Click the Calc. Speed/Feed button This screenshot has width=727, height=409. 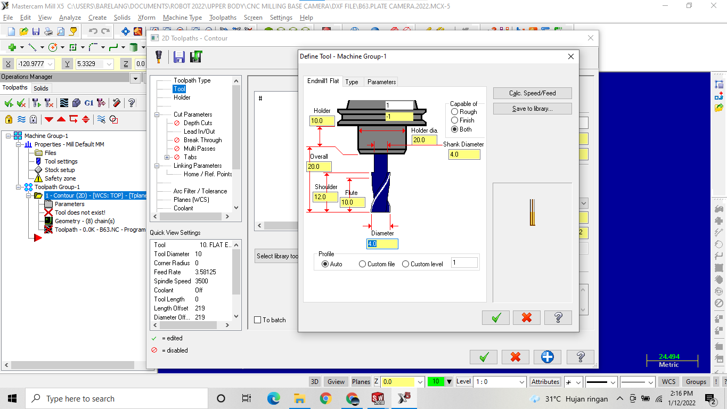[532, 93]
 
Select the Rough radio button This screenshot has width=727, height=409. [454, 112]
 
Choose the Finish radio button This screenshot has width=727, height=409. [454, 120]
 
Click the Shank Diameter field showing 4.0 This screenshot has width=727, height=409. [464, 154]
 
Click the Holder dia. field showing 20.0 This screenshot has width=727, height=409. [425, 140]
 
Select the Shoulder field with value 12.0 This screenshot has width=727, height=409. [325, 197]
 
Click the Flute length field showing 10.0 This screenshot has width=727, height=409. [353, 202]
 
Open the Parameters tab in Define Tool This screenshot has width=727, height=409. [381, 82]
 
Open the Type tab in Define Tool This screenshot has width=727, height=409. [352, 82]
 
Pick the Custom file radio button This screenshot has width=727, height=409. [363, 264]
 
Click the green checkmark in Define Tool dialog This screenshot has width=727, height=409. [496, 318]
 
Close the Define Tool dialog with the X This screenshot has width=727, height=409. [571, 56]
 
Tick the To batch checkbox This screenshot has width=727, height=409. [258, 320]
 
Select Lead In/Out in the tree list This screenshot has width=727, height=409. [199, 132]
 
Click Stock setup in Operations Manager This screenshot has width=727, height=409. [60, 170]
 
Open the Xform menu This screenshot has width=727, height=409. [146, 18]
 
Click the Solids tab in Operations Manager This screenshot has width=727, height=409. [41, 88]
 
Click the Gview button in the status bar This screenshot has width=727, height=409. [336, 382]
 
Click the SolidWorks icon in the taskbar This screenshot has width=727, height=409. [378, 398]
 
